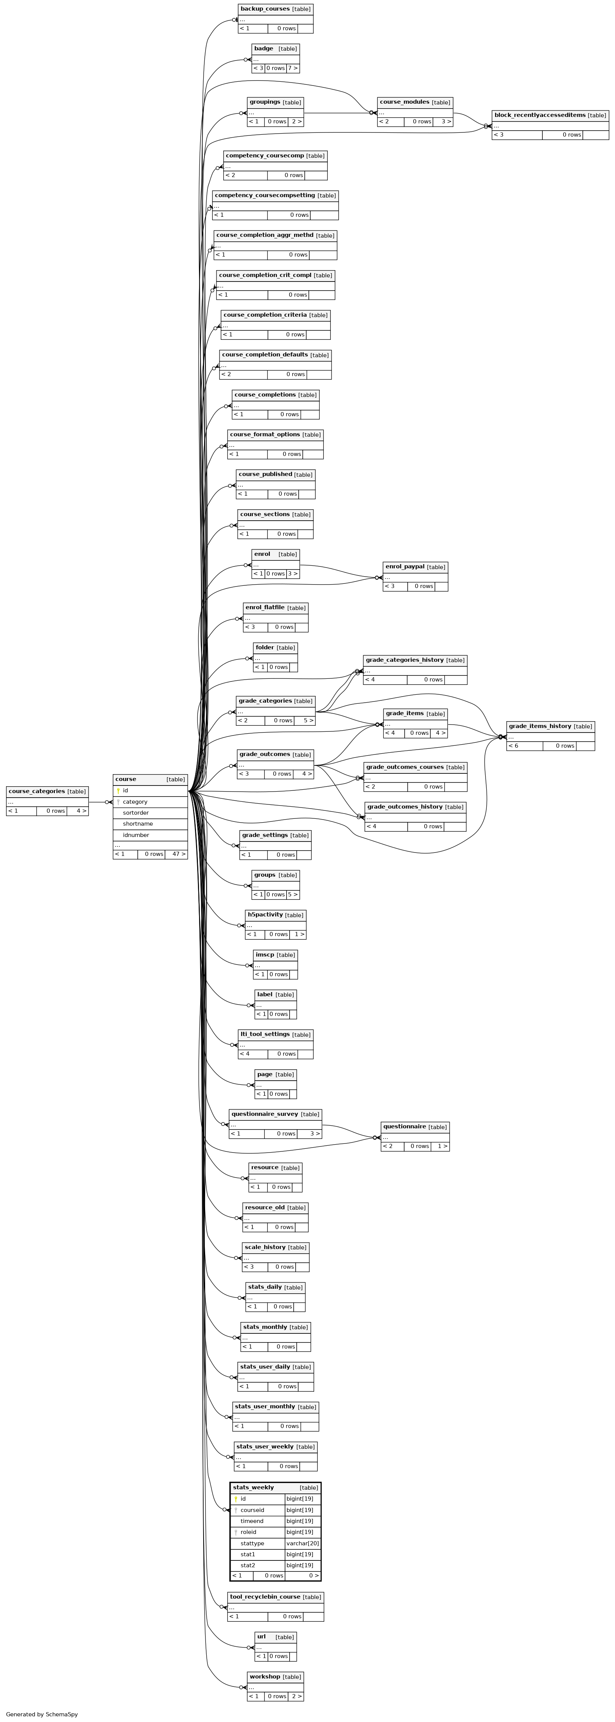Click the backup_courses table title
coord(265,9)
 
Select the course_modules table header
coord(414,102)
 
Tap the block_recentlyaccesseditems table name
coord(539,115)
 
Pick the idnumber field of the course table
coord(136,835)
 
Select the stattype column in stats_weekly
coord(252,1543)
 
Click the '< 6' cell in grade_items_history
coord(514,746)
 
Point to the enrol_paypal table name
coord(405,567)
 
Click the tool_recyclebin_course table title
coord(265,1597)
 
